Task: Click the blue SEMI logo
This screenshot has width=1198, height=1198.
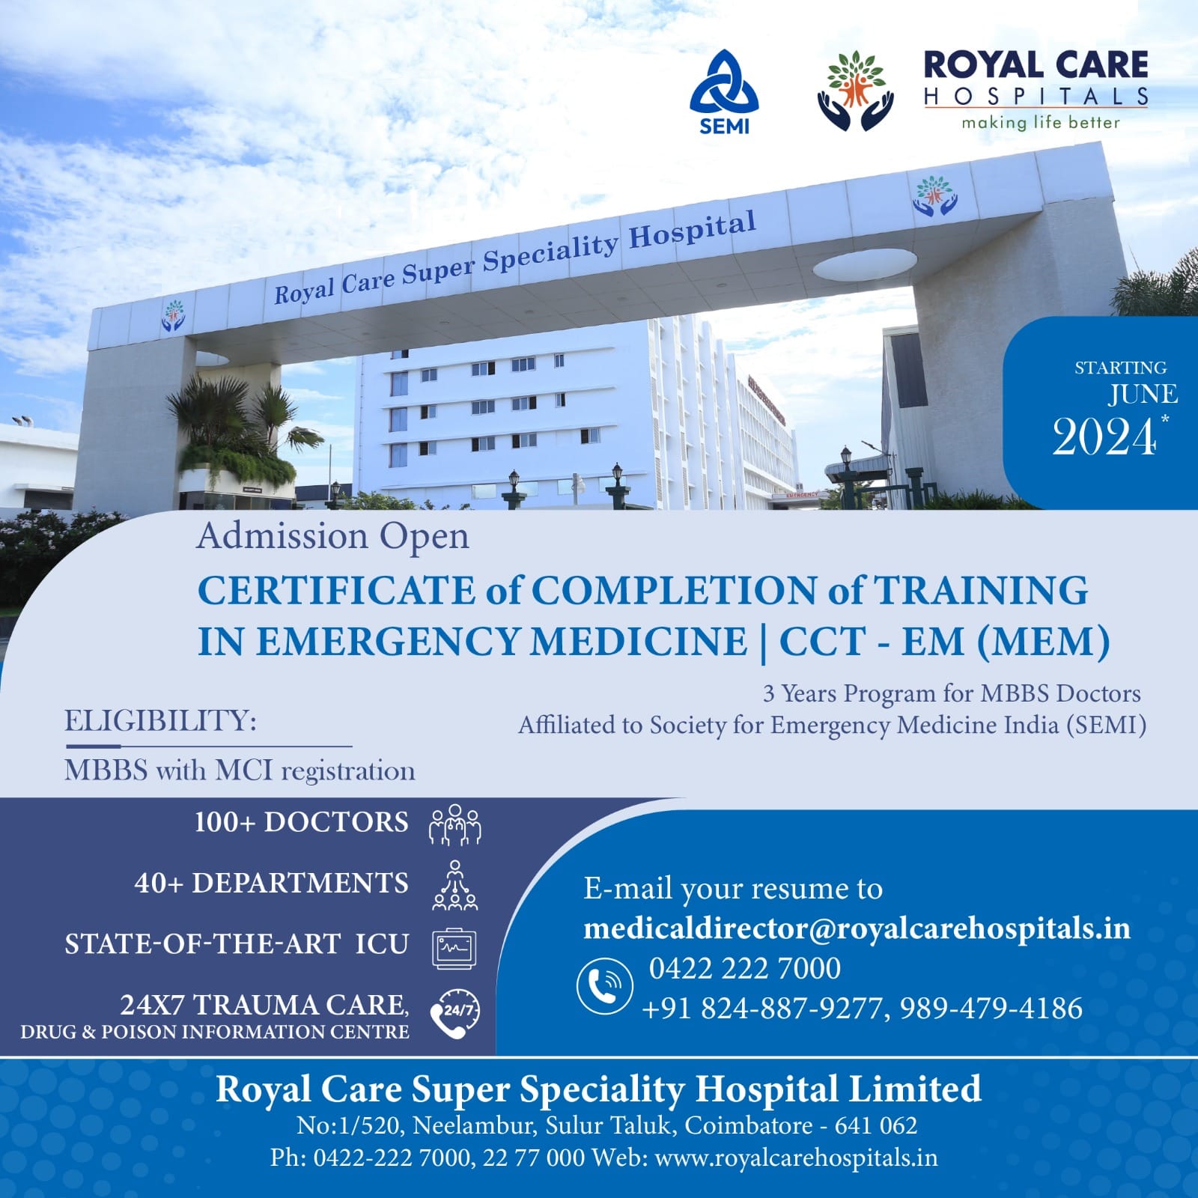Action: (x=724, y=92)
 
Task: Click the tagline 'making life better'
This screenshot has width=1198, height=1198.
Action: (x=1041, y=122)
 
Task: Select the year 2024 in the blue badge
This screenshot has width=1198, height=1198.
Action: (x=1105, y=437)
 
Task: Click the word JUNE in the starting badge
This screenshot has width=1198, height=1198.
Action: (x=1143, y=394)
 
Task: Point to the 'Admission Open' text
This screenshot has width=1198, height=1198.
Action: (x=333, y=537)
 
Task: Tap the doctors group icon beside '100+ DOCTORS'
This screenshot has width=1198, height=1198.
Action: (x=454, y=825)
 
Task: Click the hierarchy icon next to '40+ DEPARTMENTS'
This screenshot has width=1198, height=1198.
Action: (x=454, y=885)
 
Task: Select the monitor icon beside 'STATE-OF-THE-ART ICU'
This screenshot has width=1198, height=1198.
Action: (x=454, y=949)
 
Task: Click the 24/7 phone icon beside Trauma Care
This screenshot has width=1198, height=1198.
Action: (x=454, y=1013)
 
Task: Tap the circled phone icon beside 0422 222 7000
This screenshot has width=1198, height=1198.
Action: (x=604, y=987)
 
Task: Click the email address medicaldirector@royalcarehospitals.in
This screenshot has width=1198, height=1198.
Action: (x=857, y=928)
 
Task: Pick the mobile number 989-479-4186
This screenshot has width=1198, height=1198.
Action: (x=991, y=1009)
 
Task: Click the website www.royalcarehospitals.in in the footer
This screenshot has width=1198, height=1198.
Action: (x=796, y=1158)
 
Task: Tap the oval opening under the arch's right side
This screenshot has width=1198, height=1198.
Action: (x=865, y=264)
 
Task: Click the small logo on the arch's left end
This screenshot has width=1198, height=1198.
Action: (x=174, y=315)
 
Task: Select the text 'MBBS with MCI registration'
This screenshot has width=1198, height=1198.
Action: (x=240, y=770)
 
